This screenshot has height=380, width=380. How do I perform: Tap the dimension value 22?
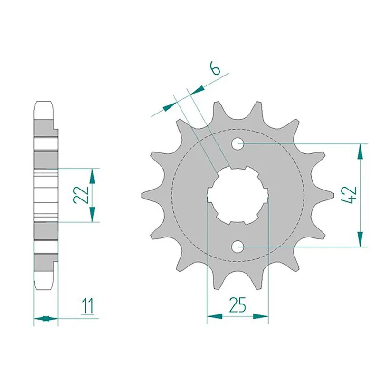[x=81, y=194]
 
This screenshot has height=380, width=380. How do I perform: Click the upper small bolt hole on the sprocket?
[x=238, y=143]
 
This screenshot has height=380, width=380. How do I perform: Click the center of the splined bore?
[x=237, y=195]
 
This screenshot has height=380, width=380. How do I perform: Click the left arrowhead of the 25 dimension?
[x=214, y=316]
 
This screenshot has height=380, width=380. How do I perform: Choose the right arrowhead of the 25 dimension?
[x=261, y=316]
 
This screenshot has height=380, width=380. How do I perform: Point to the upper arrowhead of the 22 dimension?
[x=93, y=176]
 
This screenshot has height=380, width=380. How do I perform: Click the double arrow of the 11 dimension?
[x=46, y=318]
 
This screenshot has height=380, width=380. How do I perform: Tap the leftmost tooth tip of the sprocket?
[x=144, y=195]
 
